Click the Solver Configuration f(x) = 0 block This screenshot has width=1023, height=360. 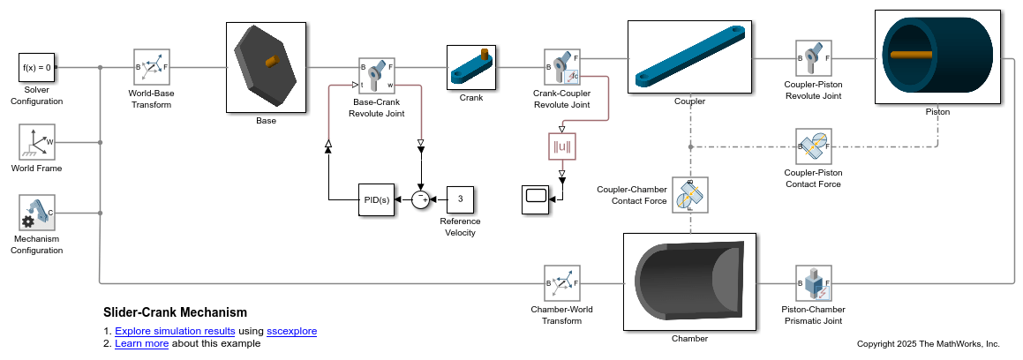click(37, 66)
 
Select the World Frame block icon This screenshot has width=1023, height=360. click(37, 141)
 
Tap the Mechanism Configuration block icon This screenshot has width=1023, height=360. click(37, 213)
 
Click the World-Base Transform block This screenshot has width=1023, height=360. click(151, 66)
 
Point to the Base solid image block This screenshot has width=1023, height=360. click(266, 66)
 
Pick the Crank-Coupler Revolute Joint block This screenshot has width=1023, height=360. click(561, 67)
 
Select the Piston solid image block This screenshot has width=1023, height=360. click(937, 57)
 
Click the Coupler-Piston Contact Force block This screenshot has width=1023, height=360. click(813, 146)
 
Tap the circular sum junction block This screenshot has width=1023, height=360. click(421, 199)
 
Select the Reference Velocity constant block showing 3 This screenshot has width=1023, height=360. click(459, 199)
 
